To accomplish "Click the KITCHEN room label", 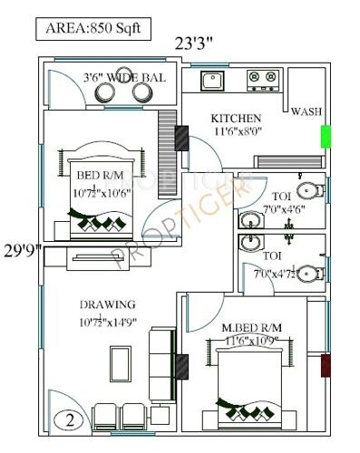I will click(x=237, y=119).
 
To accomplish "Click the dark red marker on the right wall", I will click(x=324, y=367).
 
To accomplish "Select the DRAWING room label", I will click(x=107, y=304).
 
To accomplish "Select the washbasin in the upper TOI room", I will click(x=249, y=219).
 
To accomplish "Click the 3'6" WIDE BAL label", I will click(x=124, y=78).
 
